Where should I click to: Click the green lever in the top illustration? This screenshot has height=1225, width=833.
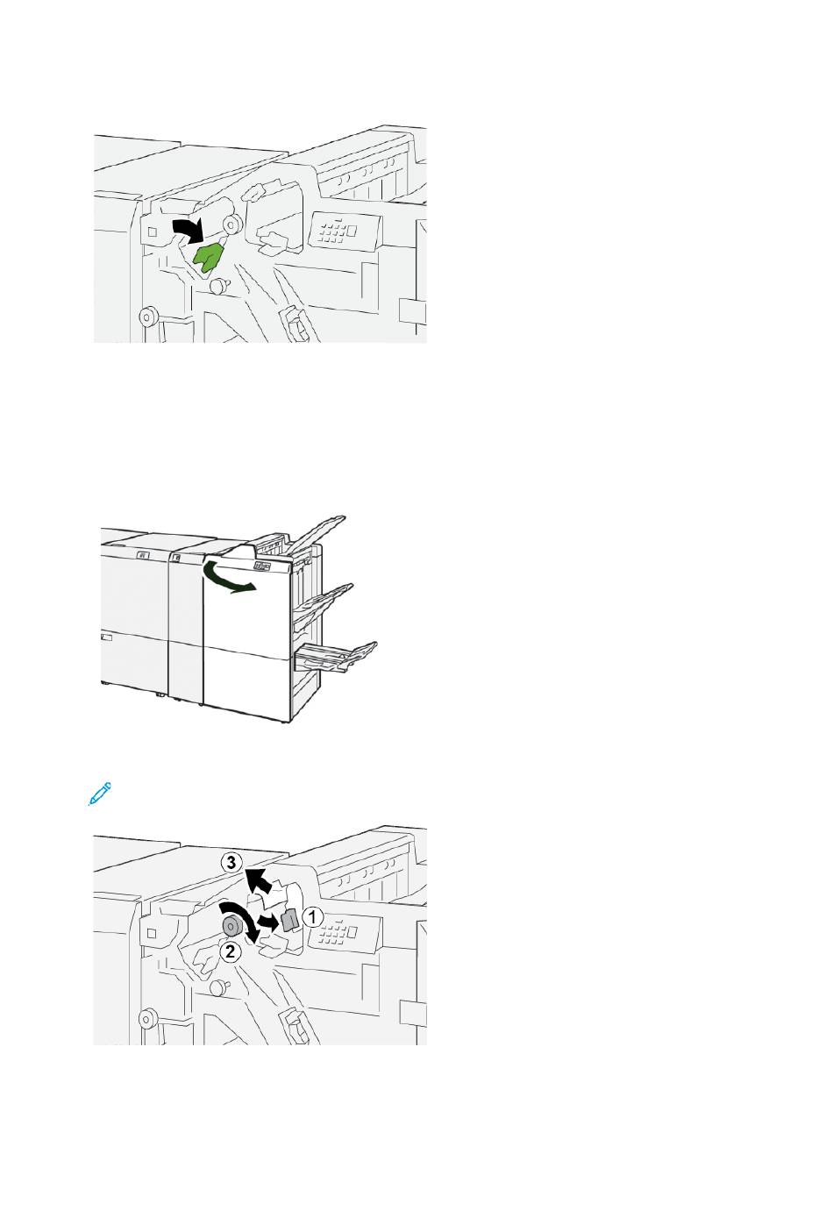pyautogui.click(x=209, y=257)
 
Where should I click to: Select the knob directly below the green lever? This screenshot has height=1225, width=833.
pyautogui.click(x=219, y=286)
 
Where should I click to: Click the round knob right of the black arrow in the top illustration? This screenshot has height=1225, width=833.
pyautogui.click(x=231, y=224)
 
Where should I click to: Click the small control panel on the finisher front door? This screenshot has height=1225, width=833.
pyautogui.click(x=264, y=566)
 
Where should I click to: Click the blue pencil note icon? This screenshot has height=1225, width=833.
pyautogui.click(x=100, y=794)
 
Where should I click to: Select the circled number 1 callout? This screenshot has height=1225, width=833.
pyautogui.click(x=313, y=916)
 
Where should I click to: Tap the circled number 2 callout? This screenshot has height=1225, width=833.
pyautogui.click(x=231, y=951)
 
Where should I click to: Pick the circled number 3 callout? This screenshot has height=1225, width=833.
pyautogui.click(x=231, y=863)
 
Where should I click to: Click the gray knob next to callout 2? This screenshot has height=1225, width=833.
pyautogui.click(x=231, y=925)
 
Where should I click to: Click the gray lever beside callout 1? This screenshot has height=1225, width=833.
pyautogui.click(x=288, y=920)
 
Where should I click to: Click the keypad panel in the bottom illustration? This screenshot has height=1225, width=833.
pyautogui.click(x=342, y=930)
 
